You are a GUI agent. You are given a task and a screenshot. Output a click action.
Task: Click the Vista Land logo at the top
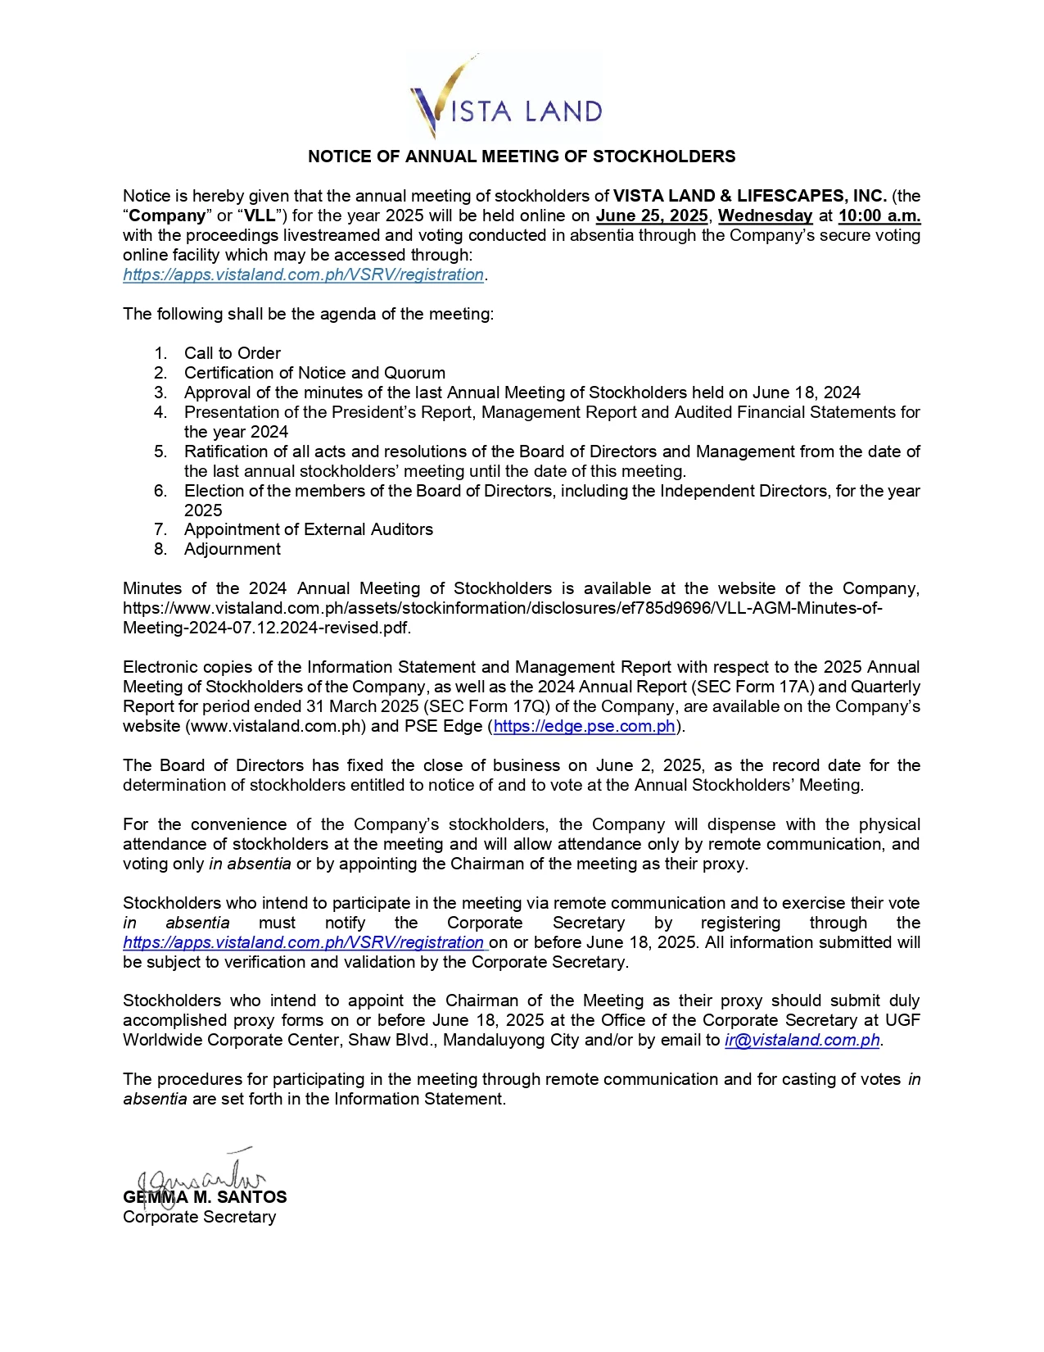click(506, 98)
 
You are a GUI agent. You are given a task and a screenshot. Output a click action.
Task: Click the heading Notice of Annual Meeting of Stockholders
click(522, 157)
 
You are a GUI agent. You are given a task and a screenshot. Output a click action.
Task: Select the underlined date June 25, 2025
click(652, 216)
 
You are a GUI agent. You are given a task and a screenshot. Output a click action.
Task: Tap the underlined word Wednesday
click(765, 216)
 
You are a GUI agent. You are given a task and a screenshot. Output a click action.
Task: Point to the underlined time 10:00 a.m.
click(879, 216)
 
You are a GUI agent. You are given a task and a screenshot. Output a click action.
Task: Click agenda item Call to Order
click(232, 353)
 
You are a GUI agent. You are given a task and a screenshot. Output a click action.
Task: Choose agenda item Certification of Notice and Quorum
click(314, 373)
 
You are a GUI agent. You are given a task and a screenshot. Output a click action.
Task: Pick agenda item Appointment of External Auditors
click(308, 529)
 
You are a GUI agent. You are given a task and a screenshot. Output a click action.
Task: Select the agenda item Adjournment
click(232, 549)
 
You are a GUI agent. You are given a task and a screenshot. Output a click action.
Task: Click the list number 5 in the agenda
click(160, 451)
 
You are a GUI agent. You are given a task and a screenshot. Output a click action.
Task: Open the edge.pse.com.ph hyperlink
click(585, 726)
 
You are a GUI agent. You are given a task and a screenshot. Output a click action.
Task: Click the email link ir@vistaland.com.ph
click(802, 1041)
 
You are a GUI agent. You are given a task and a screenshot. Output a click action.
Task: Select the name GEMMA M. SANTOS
click(205, 1197)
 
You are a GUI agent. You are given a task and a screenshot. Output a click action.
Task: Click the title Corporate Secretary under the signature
click(199, 1217)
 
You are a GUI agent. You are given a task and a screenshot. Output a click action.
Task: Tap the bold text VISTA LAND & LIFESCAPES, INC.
click(750, 196)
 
